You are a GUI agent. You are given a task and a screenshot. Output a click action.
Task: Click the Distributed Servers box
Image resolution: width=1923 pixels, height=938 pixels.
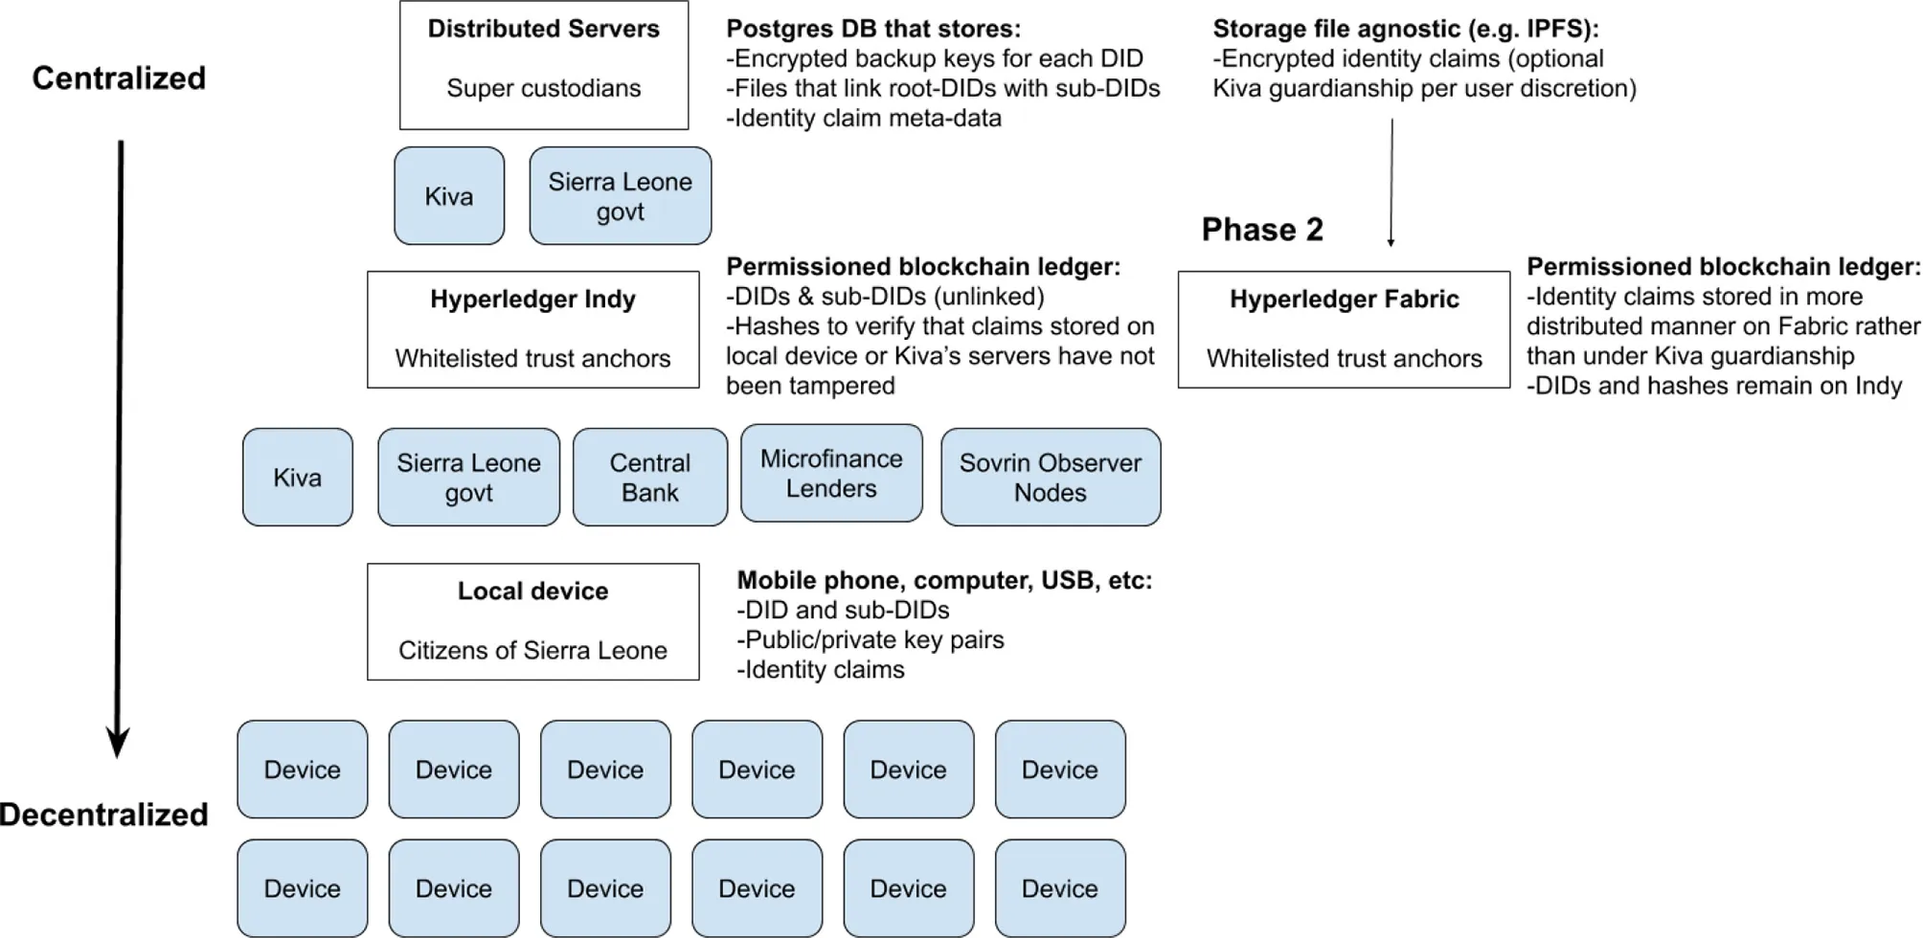pyautogui.click(x=543, y=65)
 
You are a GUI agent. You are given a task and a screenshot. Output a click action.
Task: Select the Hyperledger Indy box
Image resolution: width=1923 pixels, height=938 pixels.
pyautogui.click(x=532, y=329)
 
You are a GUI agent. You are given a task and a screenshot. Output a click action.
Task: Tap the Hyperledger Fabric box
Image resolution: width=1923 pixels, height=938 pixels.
pyautogui.click(x=1344, y=329)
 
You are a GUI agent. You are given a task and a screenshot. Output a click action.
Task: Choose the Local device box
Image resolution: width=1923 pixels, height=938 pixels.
pyautogui.click(x=532, y=621)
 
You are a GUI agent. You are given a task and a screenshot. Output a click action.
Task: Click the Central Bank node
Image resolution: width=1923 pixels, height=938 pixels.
pyautogui.click(x=649, y=477)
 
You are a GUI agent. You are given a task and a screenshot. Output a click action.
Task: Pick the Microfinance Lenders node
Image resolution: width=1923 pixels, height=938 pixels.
pyautogui.click(x=831, y=473)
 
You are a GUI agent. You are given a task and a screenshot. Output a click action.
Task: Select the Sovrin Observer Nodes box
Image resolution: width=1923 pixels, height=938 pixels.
pyautogui.click(x=1050, y=477)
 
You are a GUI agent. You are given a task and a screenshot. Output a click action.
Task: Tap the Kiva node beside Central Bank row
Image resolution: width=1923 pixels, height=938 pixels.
pyautogui.click(x=297, y=477)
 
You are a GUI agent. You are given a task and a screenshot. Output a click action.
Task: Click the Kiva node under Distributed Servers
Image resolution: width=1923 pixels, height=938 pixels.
pyautogui.click(x=448, y=196)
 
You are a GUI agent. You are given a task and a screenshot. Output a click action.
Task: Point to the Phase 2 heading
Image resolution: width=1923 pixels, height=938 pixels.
pyautogui.click(x=1262, y=230)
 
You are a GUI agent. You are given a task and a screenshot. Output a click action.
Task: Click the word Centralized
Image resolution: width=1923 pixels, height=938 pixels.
pyautogui.click(x=119, y=78)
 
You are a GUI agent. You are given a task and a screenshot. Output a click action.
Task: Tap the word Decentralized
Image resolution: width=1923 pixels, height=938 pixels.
pyautogui.click(x=103, y=815)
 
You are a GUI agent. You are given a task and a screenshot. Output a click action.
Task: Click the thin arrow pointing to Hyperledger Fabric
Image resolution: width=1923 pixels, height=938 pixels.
pyautogui.click(x=1391, y=182)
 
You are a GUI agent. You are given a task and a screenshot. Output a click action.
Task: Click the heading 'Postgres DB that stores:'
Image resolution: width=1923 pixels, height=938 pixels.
pyautogui.click(x=872, y=29)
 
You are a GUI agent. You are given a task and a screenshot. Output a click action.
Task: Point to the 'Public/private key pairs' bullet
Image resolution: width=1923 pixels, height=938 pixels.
pyautogui.click(x=871, y=639)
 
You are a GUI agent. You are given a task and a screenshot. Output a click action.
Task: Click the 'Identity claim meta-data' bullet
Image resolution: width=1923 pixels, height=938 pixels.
pyautogui.click(x=863, y=118)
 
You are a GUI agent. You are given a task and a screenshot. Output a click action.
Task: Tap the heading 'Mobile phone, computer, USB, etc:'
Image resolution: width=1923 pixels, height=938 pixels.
pyautogui.click(x=944, y=580)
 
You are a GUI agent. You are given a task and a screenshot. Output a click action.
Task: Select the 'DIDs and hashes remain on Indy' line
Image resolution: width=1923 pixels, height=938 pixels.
pyautogui.click(x=1713, y=386)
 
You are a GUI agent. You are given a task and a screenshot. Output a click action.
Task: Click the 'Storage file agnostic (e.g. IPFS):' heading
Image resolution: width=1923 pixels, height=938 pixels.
pyautogui.click(x=1406, y=29)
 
